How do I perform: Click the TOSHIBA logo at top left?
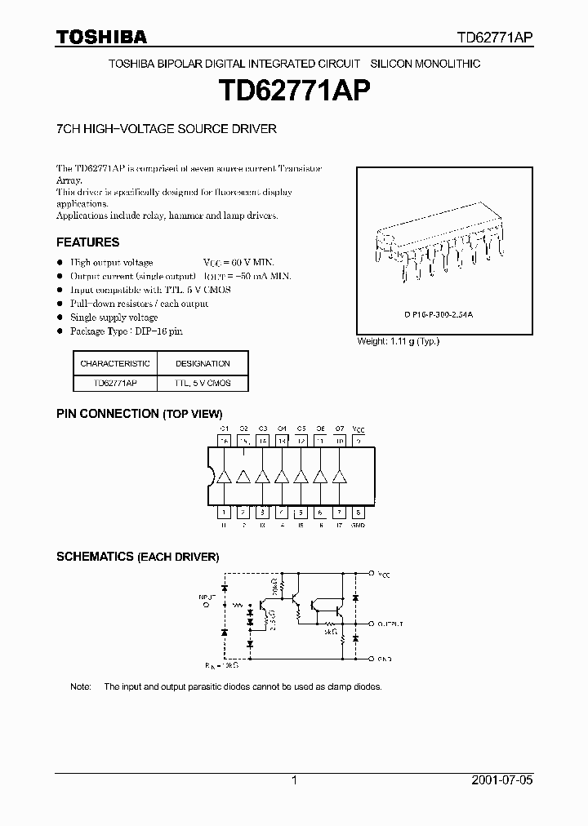[x=101, y=37]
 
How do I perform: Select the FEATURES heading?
[x=87, y=242]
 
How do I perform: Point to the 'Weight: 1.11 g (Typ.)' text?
[x=398, y=341]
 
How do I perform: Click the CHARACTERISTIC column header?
[x=115, y=363]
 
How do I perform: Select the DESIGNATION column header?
[x=203, y=363]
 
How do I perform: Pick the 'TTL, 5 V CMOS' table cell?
[x=203, y=383]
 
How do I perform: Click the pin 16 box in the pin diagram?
[x=224, y=441]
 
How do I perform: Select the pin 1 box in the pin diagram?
[x=224, y=513]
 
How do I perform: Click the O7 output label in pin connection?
[x=340, y=428]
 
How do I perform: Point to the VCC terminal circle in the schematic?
[x=372, y=573]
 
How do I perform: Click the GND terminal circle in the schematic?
[x=372, y=658]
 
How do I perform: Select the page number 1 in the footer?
[x=294, y=780]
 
